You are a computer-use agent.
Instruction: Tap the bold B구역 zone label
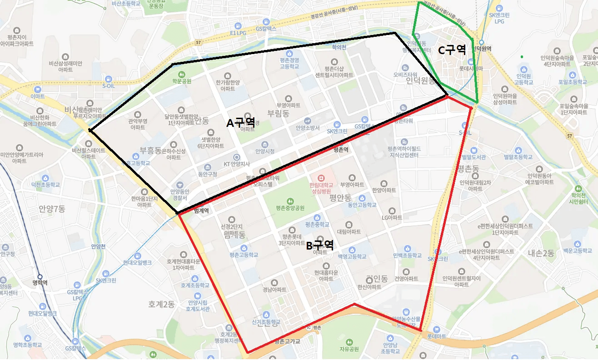[x=320, y=245]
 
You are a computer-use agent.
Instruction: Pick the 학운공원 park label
[x=181, y=81]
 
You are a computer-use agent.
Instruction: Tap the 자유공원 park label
[x=349, y=349]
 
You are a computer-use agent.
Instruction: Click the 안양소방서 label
[x=308, y=128]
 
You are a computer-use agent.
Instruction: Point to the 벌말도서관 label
[x=473, y=157]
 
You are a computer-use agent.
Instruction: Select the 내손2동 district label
[x=541, y=253]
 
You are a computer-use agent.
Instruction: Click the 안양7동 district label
[x=52, y=209]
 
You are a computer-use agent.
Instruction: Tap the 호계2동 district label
[x=161, y=304]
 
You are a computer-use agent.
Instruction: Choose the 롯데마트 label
[x=437, y=336]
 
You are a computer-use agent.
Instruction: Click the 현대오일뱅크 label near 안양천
[x=137, y=262]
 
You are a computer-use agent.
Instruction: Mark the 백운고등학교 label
[x=578, y=250]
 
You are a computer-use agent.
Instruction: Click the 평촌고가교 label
[x=287, y=341]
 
